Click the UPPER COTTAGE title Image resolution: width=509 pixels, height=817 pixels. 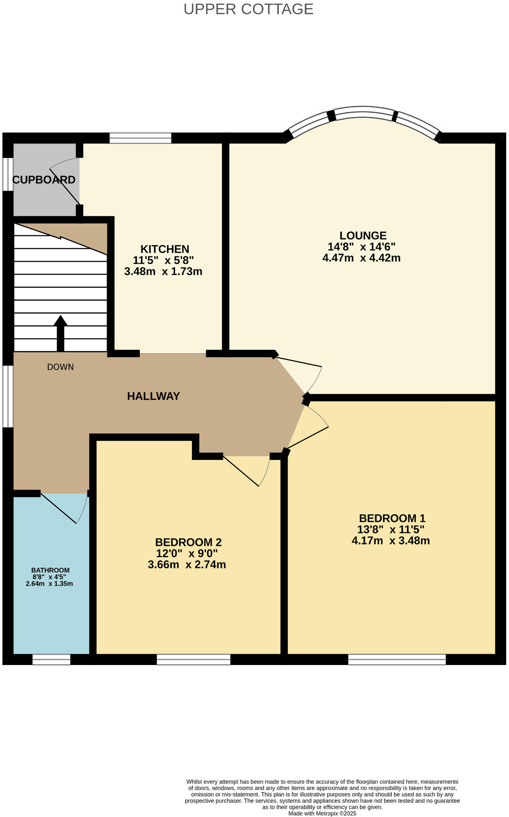tap(248, 9)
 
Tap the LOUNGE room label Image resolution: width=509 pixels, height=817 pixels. tap(363, 235)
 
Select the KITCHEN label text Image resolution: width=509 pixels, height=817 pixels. tap(165, 249)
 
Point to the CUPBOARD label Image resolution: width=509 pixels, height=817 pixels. tap(44, 180)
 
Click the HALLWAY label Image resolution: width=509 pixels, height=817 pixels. tap(153, 396)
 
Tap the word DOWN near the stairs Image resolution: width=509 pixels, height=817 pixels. tap(60, 367)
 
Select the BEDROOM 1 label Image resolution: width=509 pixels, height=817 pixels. tap(392, 518)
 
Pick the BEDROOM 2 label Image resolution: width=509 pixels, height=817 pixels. tap(188, 542)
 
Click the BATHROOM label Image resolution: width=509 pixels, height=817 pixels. tap(50, 570)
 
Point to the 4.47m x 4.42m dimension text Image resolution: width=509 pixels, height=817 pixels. tap(361, 258)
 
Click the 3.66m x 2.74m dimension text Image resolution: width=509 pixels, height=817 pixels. tap(187, 565)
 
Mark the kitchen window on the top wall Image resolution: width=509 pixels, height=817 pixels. tap(140, 138)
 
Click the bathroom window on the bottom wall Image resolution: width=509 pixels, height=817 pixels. tap(51, 660)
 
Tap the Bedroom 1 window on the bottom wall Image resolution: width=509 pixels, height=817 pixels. tap(397, 660)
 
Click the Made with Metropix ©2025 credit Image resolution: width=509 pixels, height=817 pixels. tap(322, 813)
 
